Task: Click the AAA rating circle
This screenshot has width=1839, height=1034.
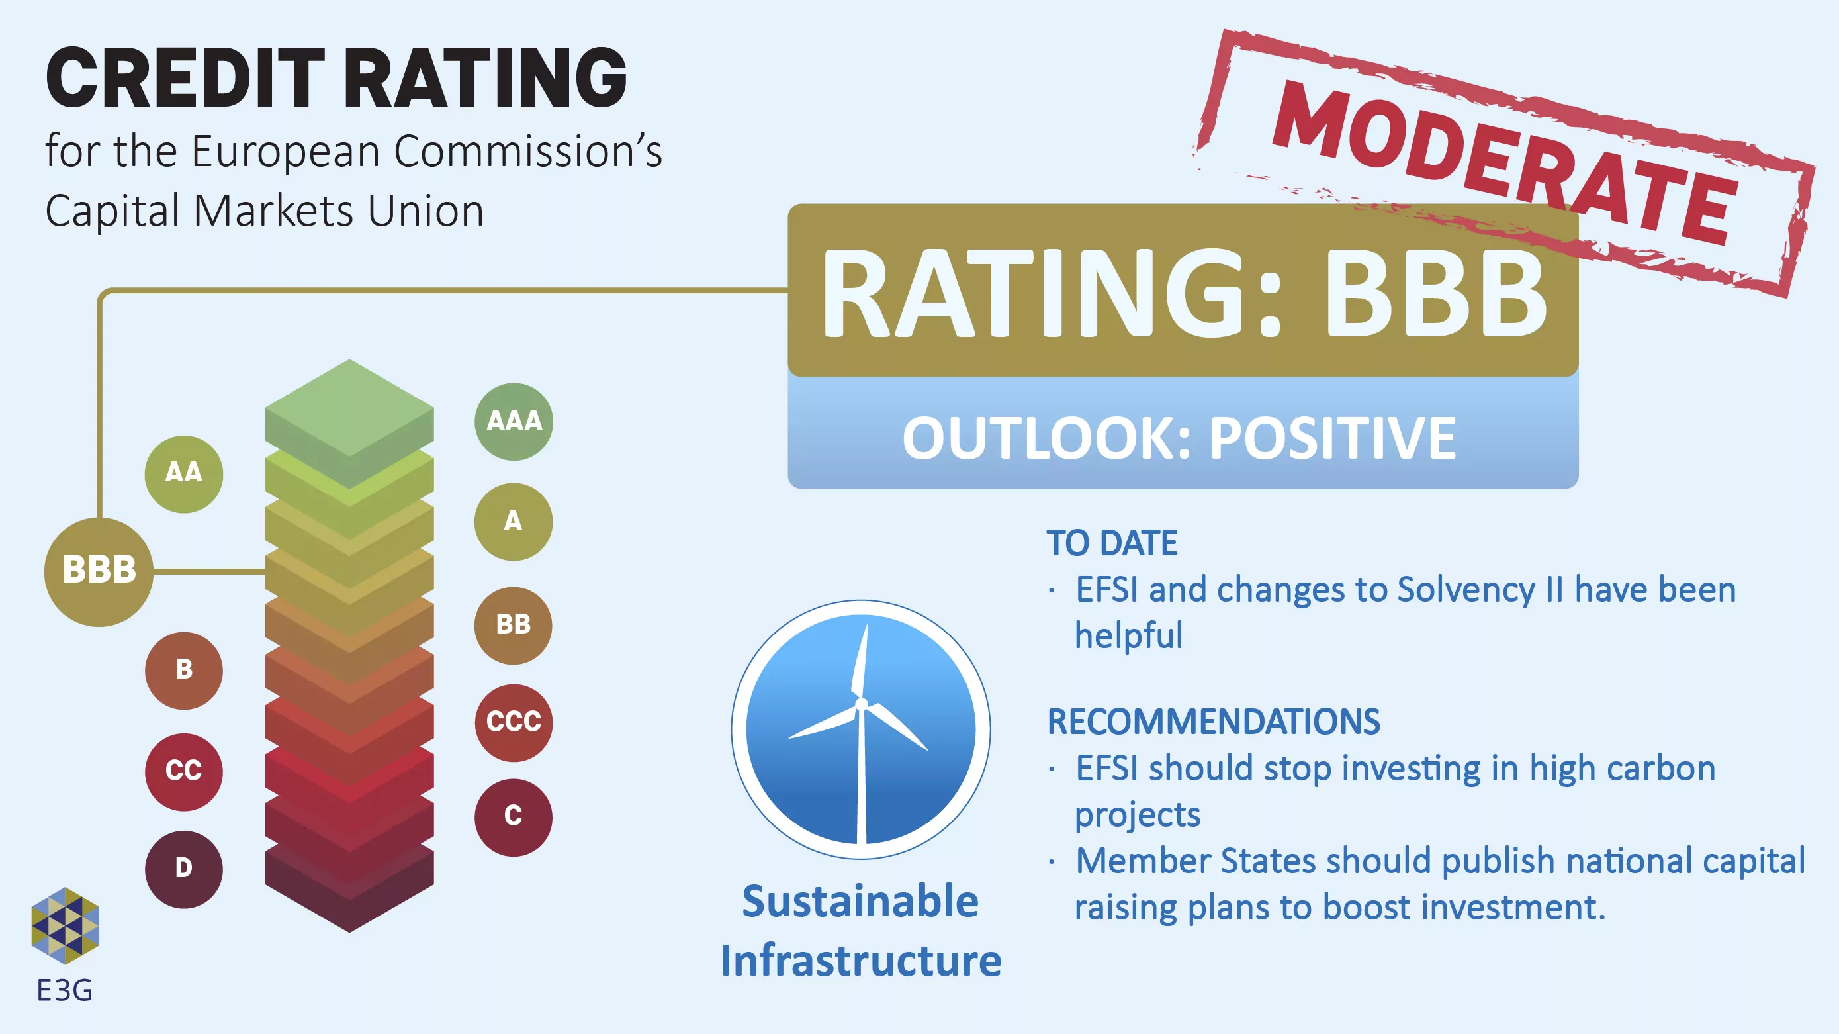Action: (514, 421)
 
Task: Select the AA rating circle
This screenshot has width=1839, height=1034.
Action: (183, 474)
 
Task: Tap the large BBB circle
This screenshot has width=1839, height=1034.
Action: (99, 571)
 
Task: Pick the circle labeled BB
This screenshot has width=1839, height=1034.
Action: (514, 626)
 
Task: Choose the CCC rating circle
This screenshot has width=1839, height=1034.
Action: (514, 722)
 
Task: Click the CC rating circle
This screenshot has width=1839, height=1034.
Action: (183, 772)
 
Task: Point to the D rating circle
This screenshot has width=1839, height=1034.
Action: (183, 869)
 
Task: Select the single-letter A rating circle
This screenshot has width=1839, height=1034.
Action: (514, 521)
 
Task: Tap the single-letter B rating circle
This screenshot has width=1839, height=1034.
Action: (183, 671)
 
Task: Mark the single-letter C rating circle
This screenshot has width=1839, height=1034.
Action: (514, 817)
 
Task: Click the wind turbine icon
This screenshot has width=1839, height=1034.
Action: (861, 729)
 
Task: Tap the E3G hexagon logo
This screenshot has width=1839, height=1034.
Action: (65, 925)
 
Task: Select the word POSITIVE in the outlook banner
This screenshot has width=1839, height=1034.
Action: (1332, 438)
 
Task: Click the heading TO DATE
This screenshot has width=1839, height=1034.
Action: (1112, 543)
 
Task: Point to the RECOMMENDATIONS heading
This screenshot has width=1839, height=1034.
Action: (1213, 722)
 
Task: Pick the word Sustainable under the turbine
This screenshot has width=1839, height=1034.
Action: (860, 901)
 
